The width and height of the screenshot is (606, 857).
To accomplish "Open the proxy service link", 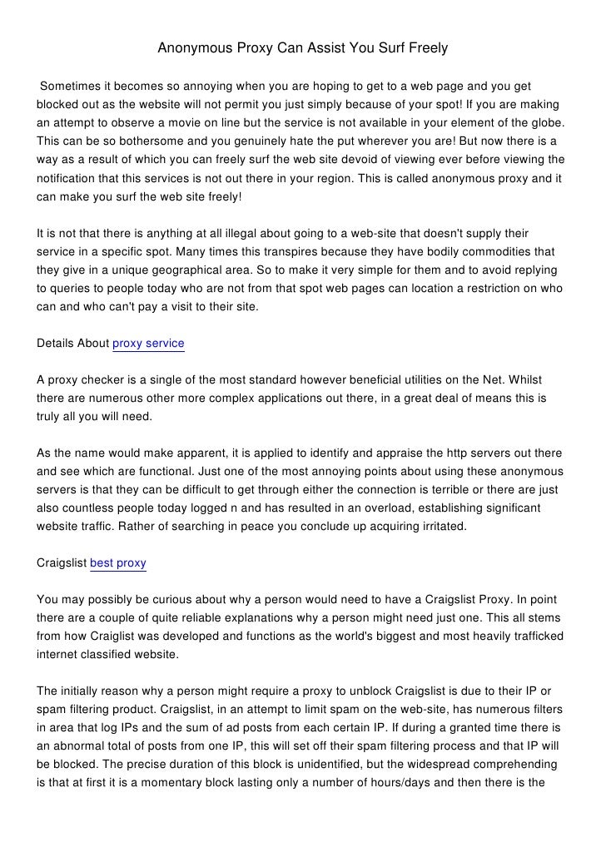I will pyautogui.click(x=148, y=343).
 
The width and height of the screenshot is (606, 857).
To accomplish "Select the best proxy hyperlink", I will pyautogui.click(x=118, y=563).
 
